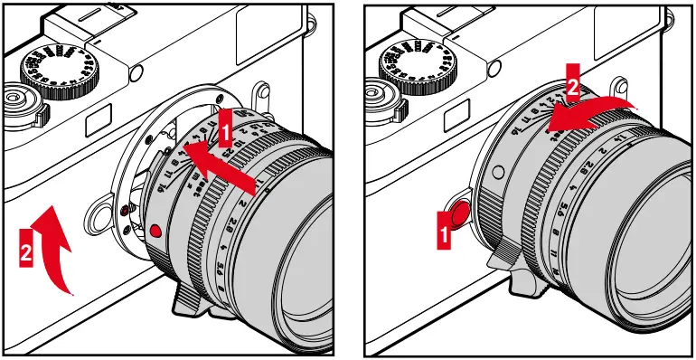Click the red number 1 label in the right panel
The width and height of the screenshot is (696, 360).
click(443, 236)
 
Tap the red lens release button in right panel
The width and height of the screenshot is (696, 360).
click(457, 213)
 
